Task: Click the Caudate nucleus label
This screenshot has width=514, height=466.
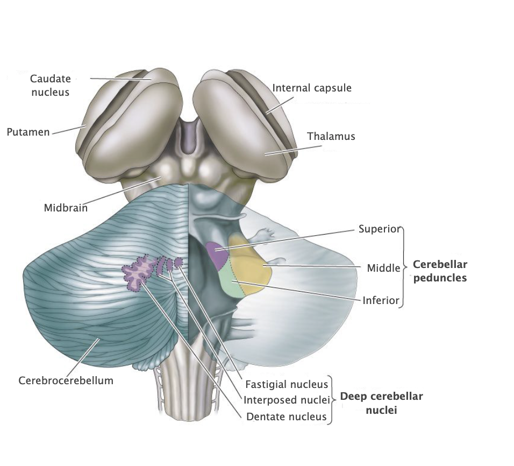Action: [50, 85]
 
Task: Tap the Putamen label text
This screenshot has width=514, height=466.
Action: [28, 132]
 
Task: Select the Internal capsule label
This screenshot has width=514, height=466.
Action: [312, 87]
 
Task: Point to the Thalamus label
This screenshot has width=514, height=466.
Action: [331, 136]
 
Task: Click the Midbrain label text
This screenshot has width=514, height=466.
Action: [66, 207]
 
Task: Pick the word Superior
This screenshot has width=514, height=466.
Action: [379, 229]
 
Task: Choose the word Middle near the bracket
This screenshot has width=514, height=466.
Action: [383, 267]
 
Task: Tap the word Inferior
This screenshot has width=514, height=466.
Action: [381, 300]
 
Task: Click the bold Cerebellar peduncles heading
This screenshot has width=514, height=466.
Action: [440, 271]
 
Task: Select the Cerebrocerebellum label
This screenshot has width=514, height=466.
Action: [66, 380]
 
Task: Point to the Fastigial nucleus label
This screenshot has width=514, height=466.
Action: [286, 384]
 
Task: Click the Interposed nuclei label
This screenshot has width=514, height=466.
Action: [285, 400]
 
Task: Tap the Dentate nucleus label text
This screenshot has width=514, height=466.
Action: [286, 416]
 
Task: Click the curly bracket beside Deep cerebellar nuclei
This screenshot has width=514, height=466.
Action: [333, 400]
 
